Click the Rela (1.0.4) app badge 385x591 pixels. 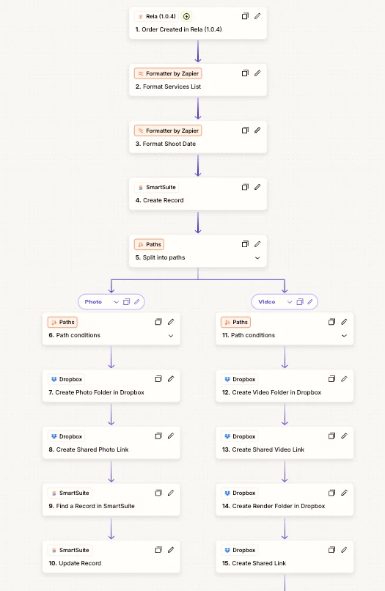pos(156,16)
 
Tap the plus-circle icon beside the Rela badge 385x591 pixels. pos(186,16)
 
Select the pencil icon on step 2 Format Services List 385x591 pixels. pos(257,73)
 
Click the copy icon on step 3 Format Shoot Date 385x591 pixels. pos(245,130)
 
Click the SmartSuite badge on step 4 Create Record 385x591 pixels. pos(156,187)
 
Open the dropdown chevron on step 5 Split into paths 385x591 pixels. pos(257,258)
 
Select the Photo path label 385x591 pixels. pos(93,302)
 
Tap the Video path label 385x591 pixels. pos(267,302)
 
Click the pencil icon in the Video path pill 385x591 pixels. pos(310,301)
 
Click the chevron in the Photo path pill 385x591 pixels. pos(116,302)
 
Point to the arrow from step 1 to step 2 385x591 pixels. pos(198,51)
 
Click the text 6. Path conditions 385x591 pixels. pos(74,335)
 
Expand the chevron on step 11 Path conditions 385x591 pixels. pos(344,335)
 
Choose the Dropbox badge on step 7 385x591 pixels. pos(66,379)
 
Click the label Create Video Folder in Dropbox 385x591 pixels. pos(276,392)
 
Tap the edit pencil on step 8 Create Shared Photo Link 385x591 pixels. pos(171,436)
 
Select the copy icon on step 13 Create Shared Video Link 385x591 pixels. pos(331,436)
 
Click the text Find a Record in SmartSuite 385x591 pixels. pos(95,506)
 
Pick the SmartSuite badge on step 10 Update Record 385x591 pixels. pos(70,550)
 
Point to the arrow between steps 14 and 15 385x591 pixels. pos(285,528)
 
